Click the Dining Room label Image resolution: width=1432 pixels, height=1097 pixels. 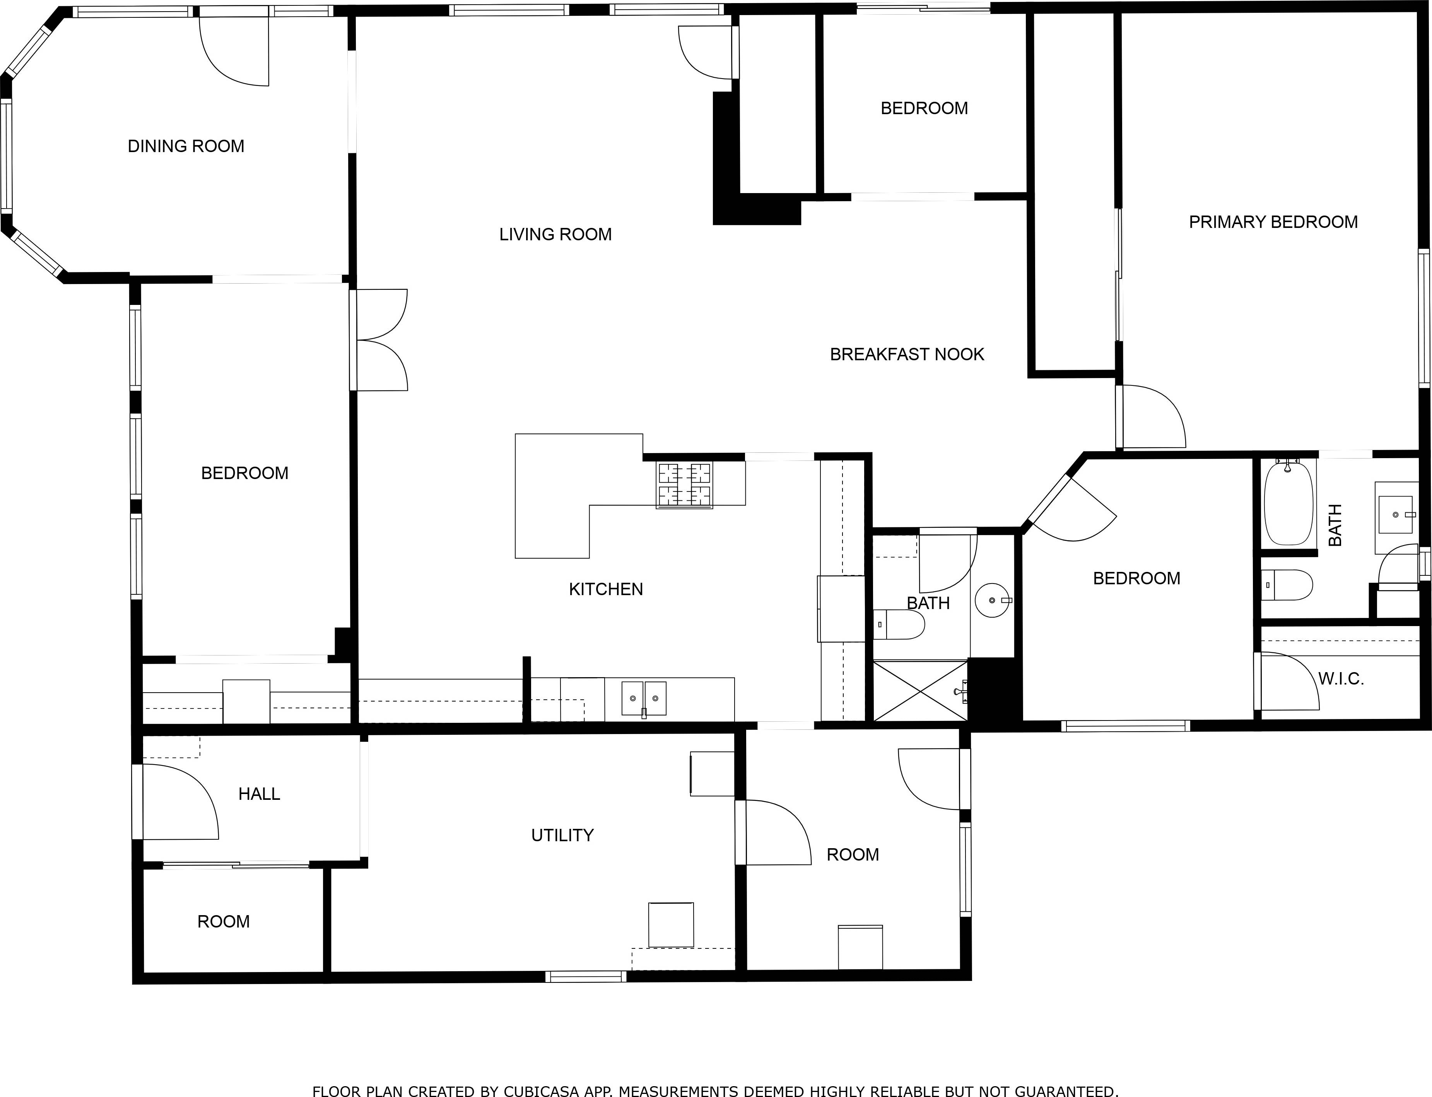(x=186, y=146)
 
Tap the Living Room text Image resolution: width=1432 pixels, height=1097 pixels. (x=555, y=234)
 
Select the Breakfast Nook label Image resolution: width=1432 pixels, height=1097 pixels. (x=907, y=354)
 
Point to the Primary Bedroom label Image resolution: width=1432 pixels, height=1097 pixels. (x=1273, y=222)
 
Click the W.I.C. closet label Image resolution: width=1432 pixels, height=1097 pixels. (x=1341, y=679)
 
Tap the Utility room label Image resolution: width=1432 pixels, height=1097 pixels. (x=562, y=835)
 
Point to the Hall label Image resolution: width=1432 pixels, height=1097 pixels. (x=259, y=794)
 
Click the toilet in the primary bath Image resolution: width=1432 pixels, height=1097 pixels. (x=1287, y=585)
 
